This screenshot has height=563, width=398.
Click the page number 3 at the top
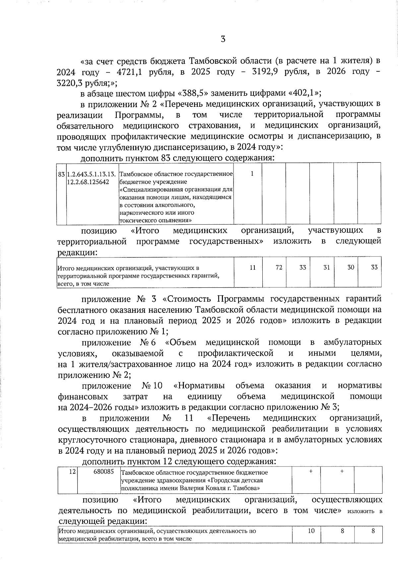223,39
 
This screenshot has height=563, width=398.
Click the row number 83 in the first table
61,174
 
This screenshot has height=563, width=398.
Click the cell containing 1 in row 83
252,174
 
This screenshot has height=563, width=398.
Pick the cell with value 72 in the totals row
279,267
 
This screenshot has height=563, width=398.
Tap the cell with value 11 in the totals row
253,267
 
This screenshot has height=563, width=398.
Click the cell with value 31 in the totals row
327,267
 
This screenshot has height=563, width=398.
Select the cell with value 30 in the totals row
351,267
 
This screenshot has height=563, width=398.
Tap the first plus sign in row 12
310,471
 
